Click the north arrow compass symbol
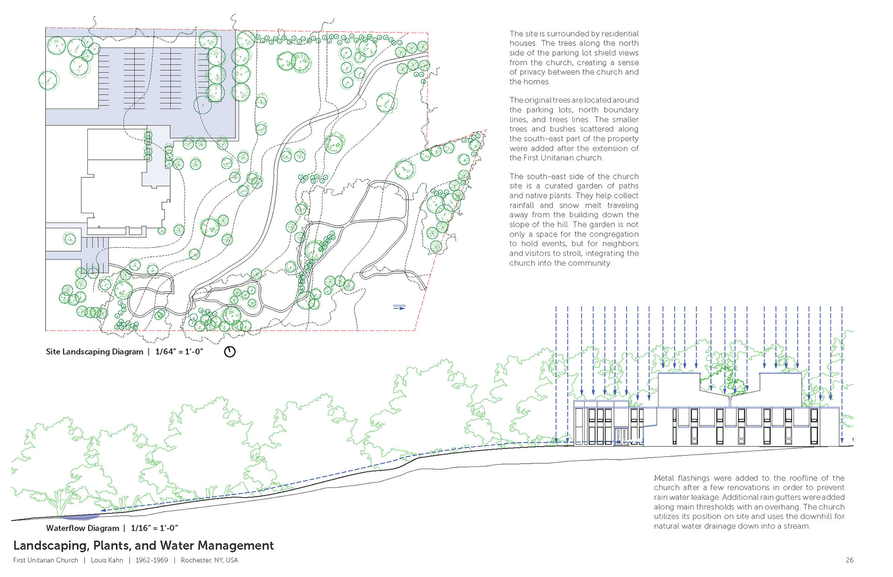230,352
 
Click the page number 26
849,560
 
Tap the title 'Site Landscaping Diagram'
94,352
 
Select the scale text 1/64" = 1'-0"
179,352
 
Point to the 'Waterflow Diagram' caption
82,528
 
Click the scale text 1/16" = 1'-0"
154,528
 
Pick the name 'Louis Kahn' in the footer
107,560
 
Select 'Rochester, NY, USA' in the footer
209,560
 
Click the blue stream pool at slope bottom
80,517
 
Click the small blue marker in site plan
399,307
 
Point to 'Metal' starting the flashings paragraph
664,478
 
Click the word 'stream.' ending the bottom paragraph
797,526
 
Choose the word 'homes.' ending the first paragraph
530,82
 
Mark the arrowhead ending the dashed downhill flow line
103,511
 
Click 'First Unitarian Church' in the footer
46,560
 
